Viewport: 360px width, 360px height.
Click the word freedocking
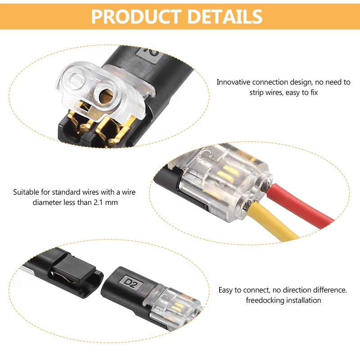(263, 300)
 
